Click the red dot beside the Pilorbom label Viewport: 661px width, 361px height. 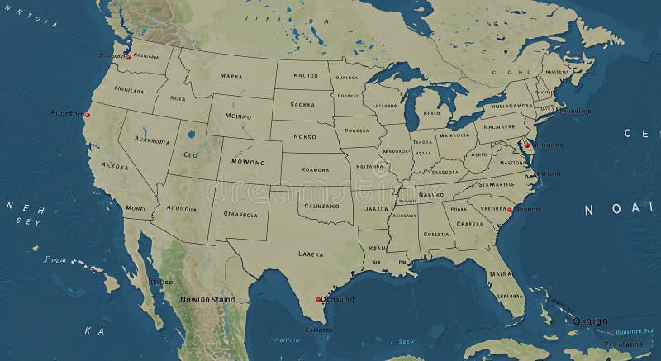[87, 115]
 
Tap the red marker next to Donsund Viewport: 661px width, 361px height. [318, 300]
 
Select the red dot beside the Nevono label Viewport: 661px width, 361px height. [510, 210]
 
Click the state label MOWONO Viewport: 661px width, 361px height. [248, 162]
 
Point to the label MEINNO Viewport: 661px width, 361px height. [237, 116]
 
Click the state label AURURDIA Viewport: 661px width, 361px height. [152, 141]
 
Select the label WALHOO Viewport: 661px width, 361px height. [305, 75]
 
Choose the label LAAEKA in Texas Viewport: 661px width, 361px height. [311, 254]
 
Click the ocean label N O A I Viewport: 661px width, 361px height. [612, 210]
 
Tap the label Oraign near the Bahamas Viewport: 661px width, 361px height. [591, 321]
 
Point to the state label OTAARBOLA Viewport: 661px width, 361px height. [240, 215]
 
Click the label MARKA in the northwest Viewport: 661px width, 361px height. [231, 75]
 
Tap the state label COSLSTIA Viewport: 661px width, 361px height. [436, 234]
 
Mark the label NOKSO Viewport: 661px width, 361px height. [305, 136]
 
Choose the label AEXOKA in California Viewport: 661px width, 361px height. [115, 166]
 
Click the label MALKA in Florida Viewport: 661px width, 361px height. [500, 273]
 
